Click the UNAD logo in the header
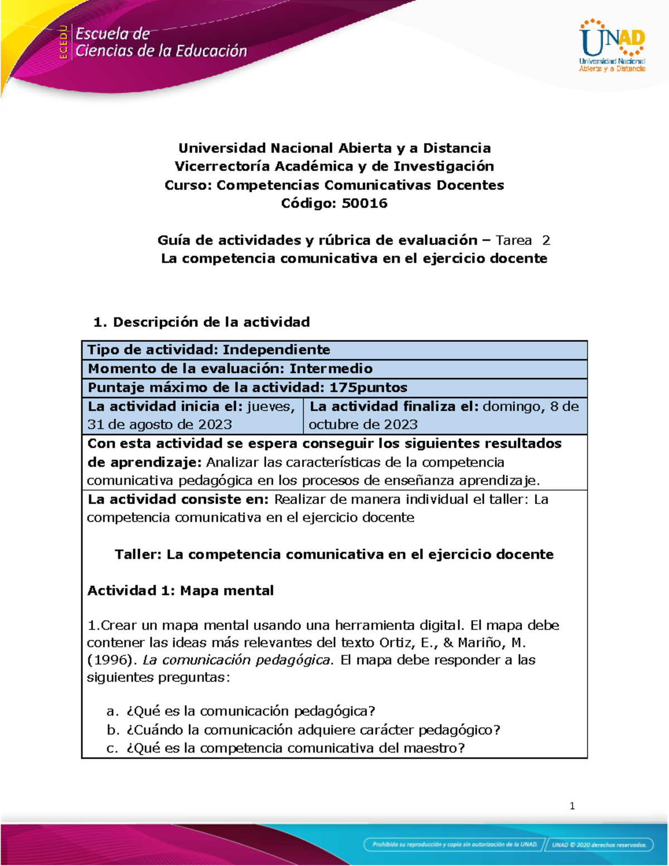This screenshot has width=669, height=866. coord(612,46)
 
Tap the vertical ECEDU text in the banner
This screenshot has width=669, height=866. coord(64,42)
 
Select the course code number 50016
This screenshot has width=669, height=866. coord(365,203)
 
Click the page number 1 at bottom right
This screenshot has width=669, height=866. coord(572,806)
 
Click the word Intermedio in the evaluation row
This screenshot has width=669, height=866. coord(331,369)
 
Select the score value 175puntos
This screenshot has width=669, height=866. coord(368,388)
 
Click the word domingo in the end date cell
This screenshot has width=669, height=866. coord(513,407)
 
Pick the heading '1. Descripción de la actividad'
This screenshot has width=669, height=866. coord(202,322)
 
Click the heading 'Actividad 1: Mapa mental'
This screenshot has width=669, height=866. coord(181,591)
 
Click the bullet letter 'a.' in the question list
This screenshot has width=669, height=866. coord(113,712)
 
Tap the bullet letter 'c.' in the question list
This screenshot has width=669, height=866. coord(113,748)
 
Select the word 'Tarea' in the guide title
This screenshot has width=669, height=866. coord(513,240)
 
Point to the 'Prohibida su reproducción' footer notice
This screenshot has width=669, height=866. coord(454,845)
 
